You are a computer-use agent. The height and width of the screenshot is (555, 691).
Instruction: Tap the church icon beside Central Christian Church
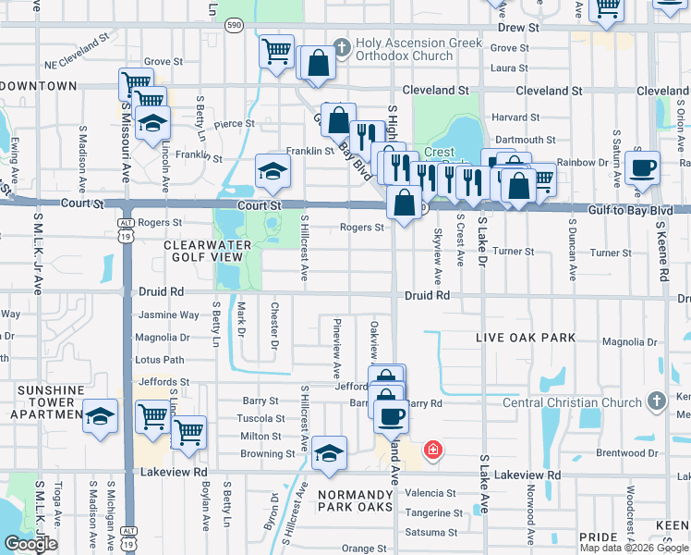coord(657,401)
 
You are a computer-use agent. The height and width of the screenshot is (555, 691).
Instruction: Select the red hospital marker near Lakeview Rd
coord(431,450)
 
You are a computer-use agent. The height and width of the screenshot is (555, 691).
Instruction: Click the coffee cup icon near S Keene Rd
coord(642,169)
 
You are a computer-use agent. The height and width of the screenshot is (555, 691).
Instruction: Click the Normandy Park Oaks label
coord(356,500)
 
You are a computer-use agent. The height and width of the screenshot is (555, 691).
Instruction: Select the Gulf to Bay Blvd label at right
coord(610,211)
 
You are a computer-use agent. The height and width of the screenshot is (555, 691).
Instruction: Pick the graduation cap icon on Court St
coord(273,172)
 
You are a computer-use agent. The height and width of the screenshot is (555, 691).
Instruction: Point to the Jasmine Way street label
coord(167,314)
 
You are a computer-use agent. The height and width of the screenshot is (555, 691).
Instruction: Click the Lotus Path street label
coord(160,360)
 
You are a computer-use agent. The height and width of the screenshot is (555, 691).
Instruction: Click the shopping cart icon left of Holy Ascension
coord(276,53)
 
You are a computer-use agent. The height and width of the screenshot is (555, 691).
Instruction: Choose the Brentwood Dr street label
coord(628,453)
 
